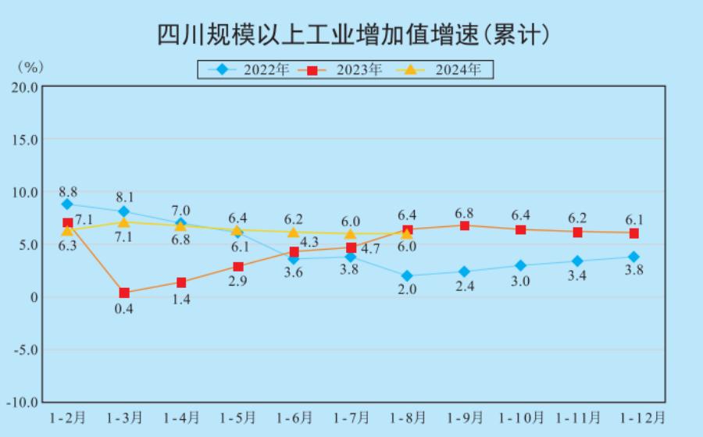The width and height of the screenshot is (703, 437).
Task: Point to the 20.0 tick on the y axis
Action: [23, 87]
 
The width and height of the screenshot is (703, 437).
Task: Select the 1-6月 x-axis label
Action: [294, 417]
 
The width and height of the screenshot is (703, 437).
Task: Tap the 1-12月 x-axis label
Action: [637, 417]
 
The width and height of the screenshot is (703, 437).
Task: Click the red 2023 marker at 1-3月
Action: [124, 293]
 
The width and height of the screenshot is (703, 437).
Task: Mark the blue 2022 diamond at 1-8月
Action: [407, 275]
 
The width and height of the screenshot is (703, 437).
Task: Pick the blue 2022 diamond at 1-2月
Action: [67, 204]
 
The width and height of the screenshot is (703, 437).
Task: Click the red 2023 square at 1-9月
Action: [464, 226]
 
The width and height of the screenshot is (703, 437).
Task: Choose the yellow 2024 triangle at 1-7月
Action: [350, 233]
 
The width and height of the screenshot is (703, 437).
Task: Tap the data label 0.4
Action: [124, 308]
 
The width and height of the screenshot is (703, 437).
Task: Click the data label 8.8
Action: [68, 191]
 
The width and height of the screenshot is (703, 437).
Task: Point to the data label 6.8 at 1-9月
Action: [464, 212]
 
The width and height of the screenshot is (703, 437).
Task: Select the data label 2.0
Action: [407, 290]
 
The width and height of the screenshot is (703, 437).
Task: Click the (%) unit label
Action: [30, 67]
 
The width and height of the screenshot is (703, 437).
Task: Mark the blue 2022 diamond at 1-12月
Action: [633, 257]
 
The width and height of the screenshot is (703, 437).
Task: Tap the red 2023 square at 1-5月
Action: [237, 266]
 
